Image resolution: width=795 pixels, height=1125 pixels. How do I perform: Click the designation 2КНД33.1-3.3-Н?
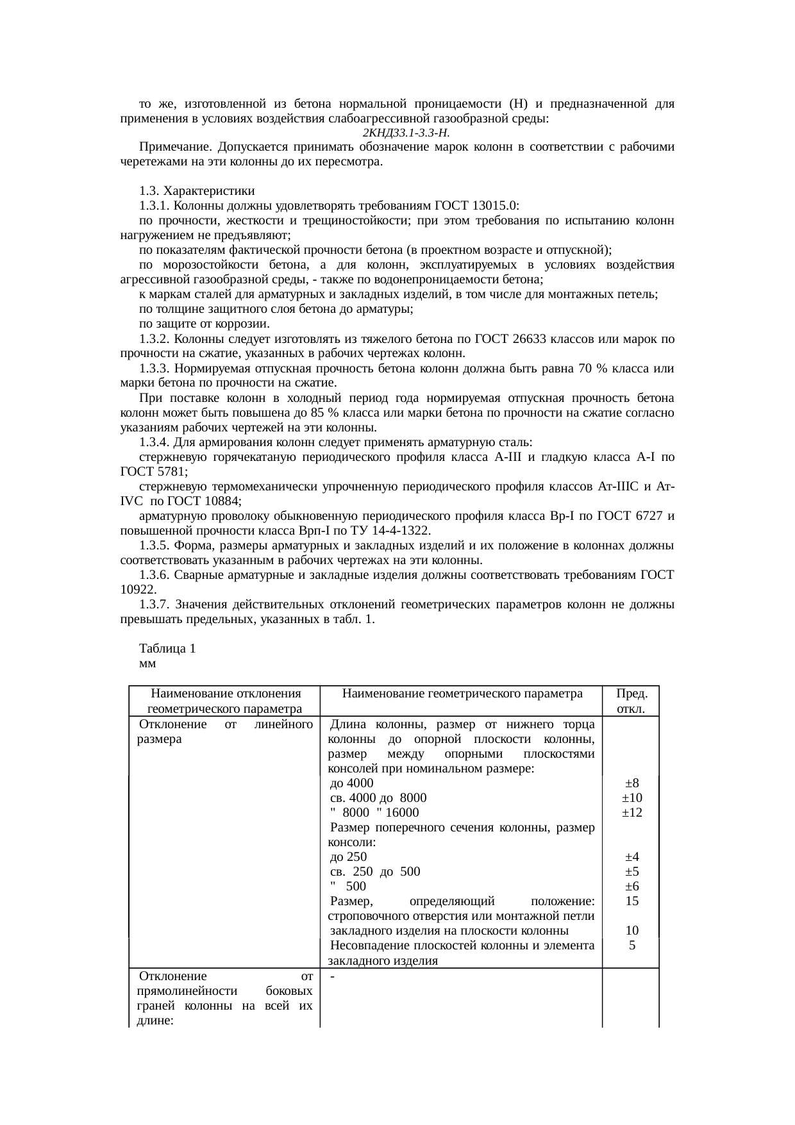(405, 133)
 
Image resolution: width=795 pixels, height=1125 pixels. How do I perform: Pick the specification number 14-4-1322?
(401, 531)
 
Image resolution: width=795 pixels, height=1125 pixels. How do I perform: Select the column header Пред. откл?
(631, 701)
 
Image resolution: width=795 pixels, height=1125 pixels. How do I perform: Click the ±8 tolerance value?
(632, 783)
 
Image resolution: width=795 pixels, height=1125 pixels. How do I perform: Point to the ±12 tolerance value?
(632, 812)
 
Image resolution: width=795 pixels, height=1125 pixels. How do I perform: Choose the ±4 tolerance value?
(632, 856)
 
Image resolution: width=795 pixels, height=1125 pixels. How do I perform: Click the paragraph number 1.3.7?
(154, 604)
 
